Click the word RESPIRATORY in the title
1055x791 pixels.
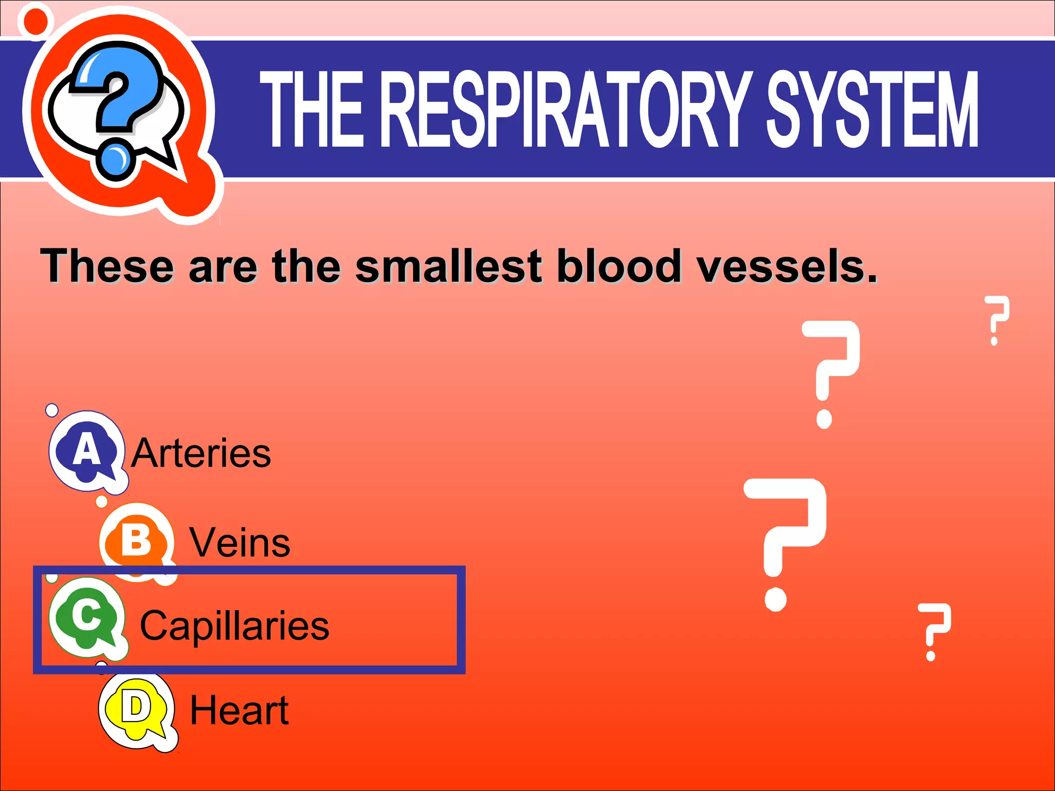[x=566, y=109]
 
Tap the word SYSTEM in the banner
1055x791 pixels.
[x=872, y=109]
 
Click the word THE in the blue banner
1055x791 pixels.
[x=312, y=109]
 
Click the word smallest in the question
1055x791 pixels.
[x=448, y=266]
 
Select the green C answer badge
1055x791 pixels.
[x=87, y=617]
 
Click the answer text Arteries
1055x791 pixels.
[x=201, y=453]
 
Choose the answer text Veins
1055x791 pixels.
[x=240, y=543]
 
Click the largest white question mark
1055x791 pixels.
[x=786, y=541]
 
